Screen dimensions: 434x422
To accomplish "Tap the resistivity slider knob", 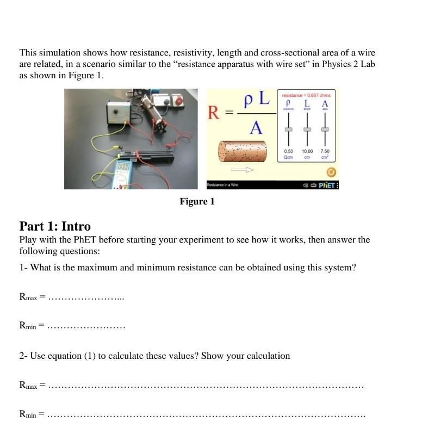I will click(289, 129).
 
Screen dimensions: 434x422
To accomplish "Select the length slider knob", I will click(307, 129).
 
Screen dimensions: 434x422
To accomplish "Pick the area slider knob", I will click(325, 129).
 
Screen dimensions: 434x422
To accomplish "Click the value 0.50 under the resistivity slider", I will click(289, 151).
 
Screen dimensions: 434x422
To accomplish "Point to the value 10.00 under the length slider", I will click(307, 151).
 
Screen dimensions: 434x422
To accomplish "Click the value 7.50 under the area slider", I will click(325, 151).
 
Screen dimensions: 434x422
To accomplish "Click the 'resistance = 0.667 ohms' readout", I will click(307, 95).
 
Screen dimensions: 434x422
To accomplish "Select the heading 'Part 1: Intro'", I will click(55, 226).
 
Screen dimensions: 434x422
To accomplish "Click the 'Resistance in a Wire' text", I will click(224, 185).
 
